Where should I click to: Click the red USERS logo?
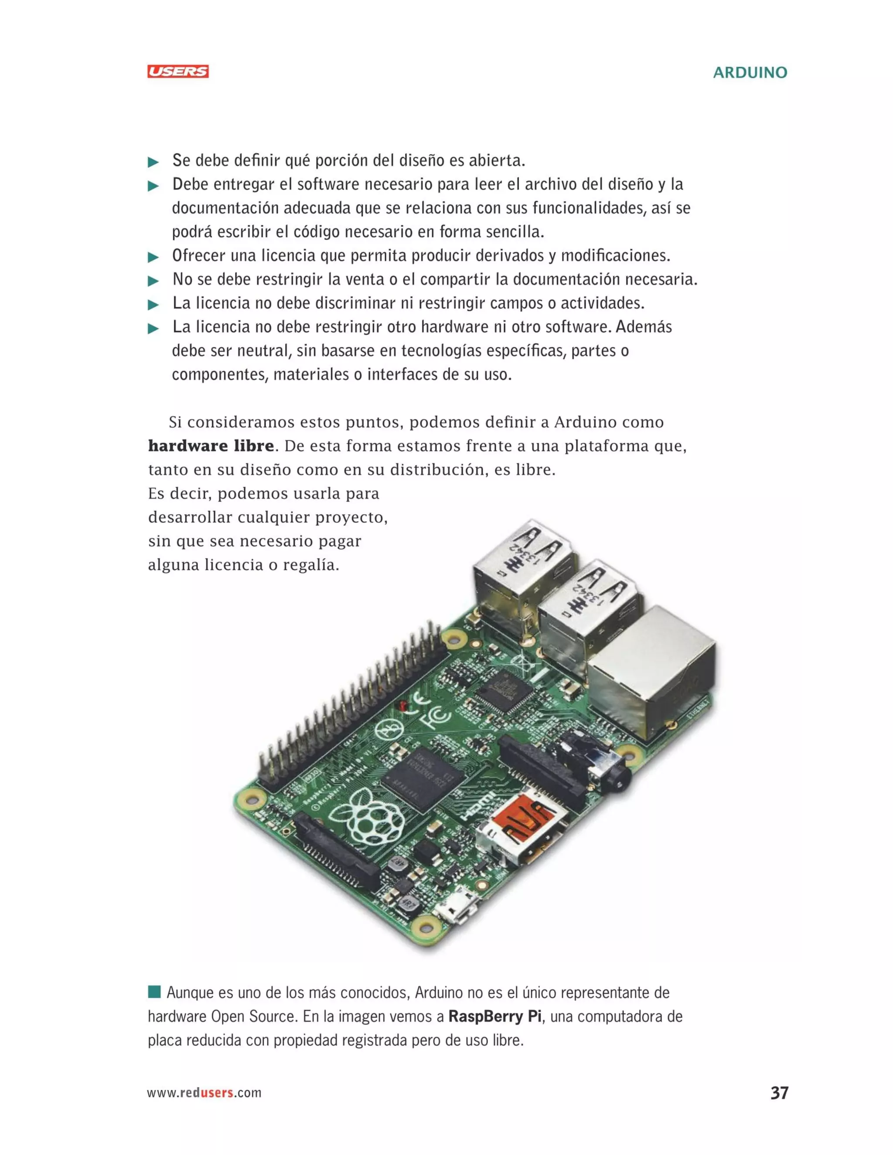[x=178, y=71]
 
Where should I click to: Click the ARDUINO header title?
[x=750, y=72]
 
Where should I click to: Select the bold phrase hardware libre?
[x=211, y=446]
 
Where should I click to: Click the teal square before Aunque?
[x=154, y=992]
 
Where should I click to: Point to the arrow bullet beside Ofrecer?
[x=153, y=258]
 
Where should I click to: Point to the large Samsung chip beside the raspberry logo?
[x=422, y=780]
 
